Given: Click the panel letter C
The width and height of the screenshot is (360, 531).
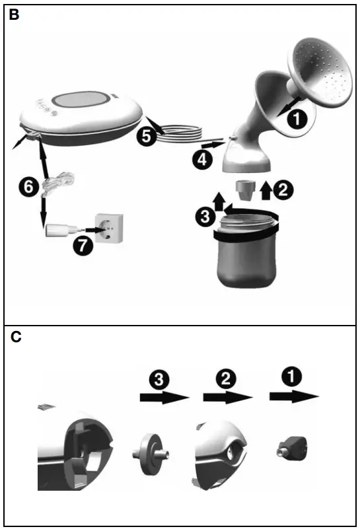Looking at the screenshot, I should point(14,337).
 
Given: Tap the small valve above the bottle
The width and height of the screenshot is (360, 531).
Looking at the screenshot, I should point(246,188).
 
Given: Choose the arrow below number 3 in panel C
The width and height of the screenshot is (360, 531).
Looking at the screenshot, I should point(164,398).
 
